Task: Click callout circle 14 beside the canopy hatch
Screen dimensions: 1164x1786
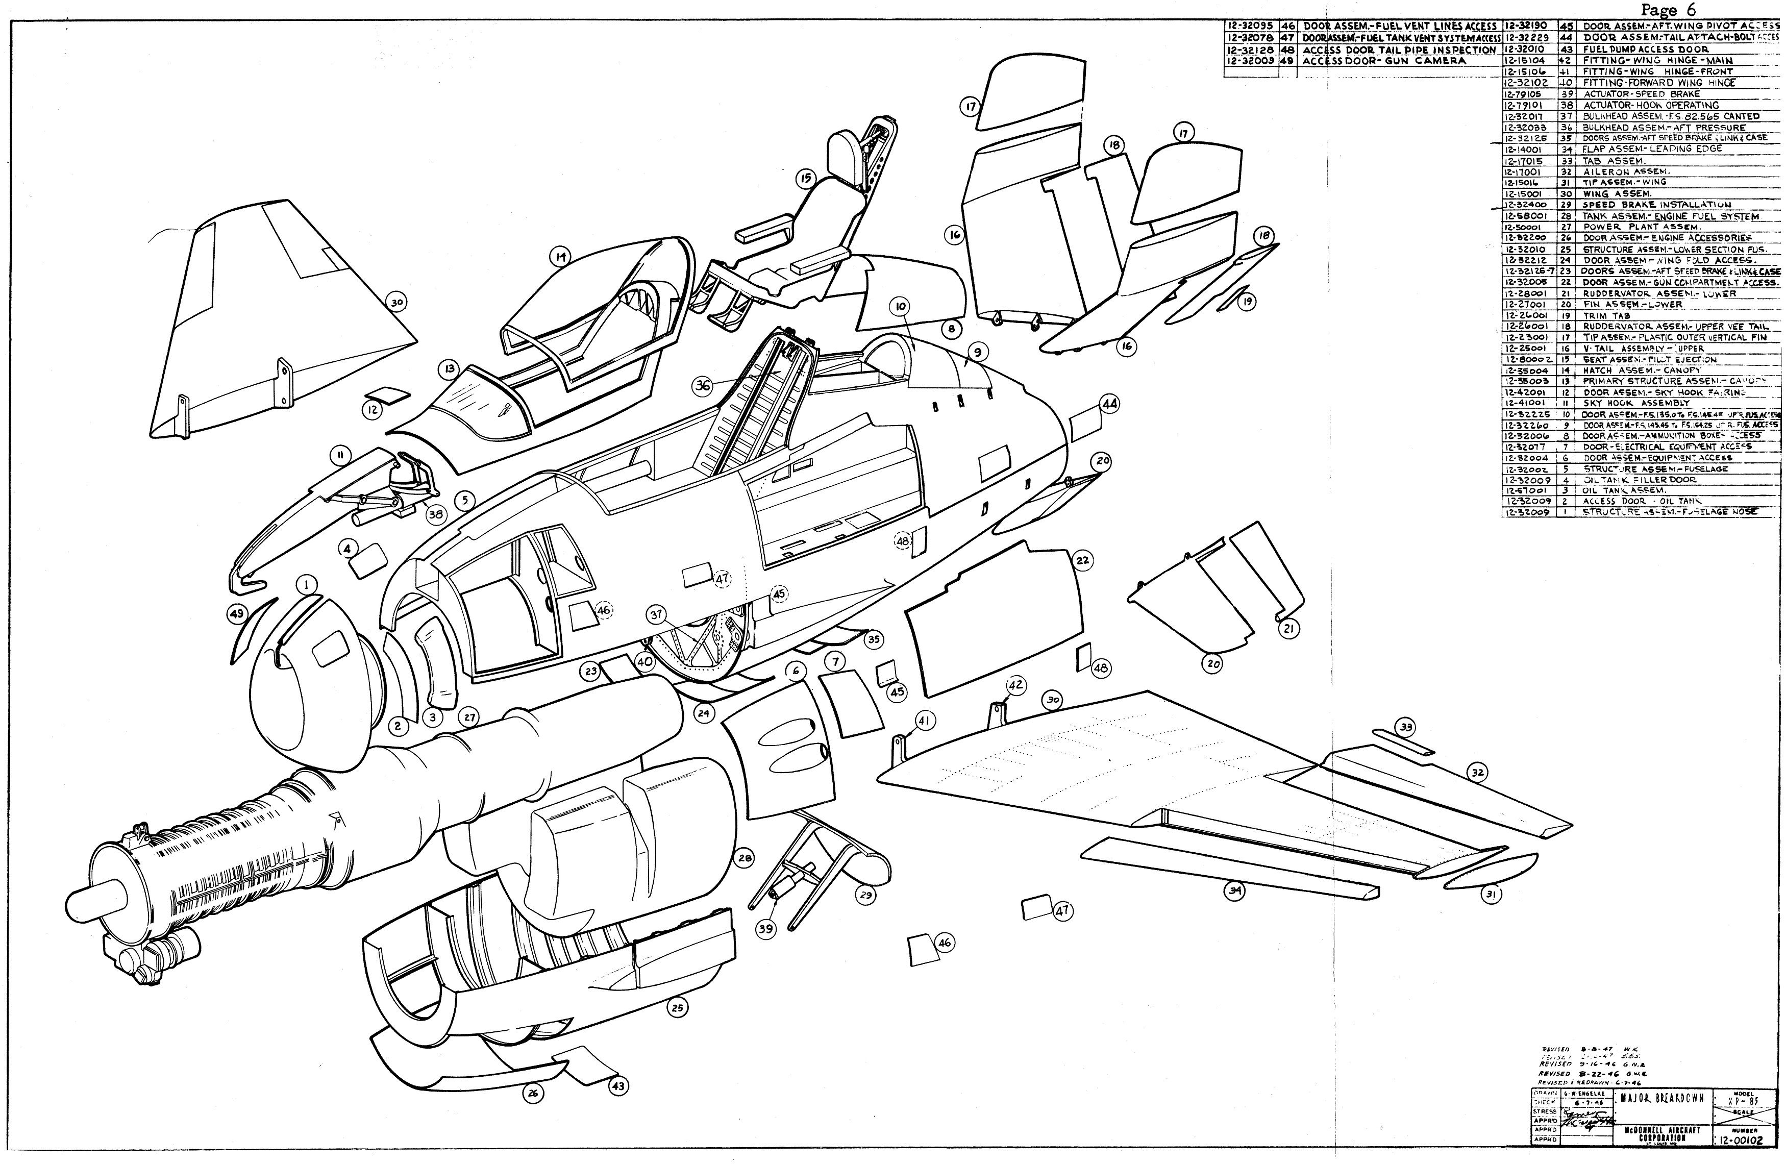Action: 559,257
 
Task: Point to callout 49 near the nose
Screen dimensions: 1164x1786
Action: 237,614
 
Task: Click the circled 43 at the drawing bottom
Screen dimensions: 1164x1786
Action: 617,1085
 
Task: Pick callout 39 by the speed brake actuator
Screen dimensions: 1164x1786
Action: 765,930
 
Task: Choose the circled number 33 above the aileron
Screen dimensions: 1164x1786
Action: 1405,727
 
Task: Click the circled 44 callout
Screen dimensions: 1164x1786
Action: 1109,404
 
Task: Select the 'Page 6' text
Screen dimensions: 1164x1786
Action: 1668,10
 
